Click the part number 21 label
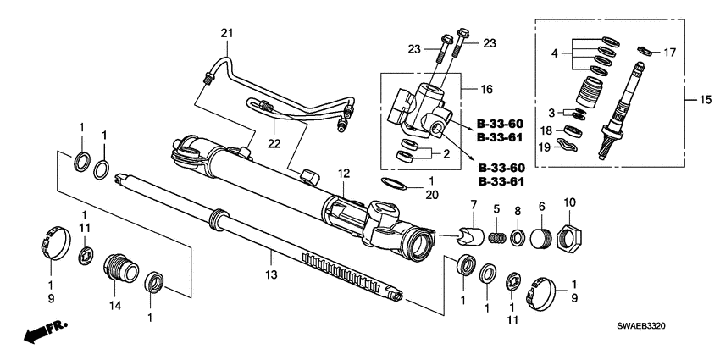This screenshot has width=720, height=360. coord(226,33)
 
